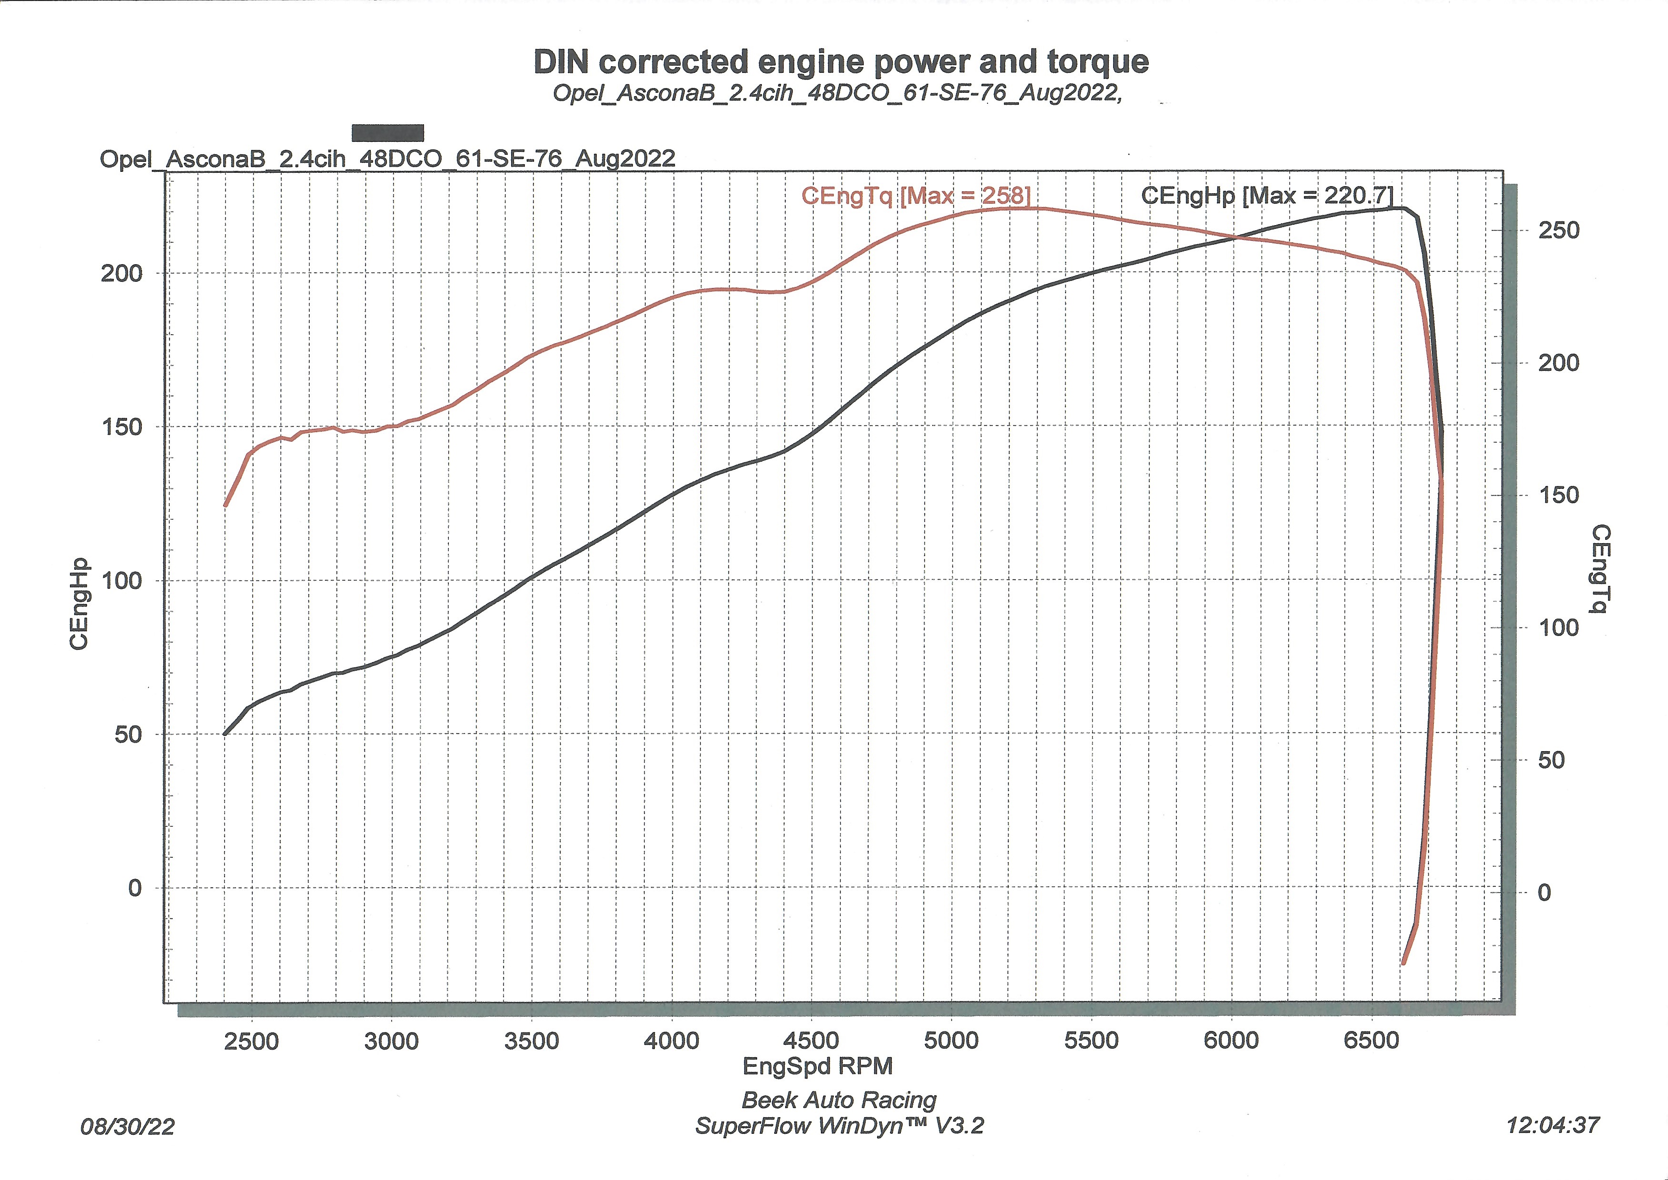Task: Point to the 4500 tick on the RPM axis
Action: coord(811,1041)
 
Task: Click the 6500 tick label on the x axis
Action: coord(1371,1041)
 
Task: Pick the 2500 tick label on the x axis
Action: coord(251,1041)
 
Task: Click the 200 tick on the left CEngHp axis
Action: coord(121,274)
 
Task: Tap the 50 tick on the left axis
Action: coord(128,734)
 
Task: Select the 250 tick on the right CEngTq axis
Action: coord(1558,230)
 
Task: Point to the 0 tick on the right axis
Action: coord(1544,892)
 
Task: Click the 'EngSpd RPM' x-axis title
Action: coord(817,1066)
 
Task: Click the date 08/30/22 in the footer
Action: coord(128,1127)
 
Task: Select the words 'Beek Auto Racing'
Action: coord(839,1100)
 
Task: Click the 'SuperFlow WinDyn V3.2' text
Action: coord(839,1126)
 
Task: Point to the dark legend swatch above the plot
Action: coord(387,133)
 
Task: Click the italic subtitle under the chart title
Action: coord(837,93)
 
